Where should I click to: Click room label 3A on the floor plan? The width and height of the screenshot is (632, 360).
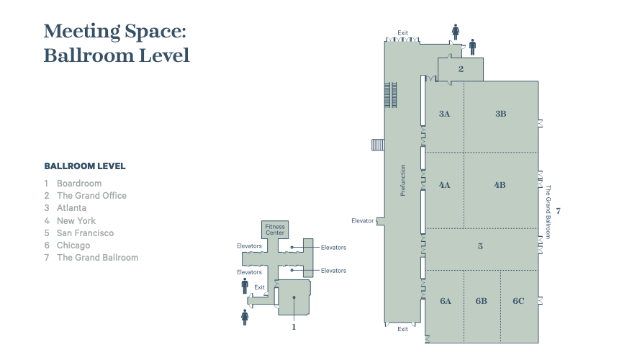click(444, 114)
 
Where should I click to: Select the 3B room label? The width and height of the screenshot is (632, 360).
click(500, 114)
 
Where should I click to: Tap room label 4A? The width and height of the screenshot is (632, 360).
click(444, 185)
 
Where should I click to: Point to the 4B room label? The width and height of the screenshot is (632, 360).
click(500, 185)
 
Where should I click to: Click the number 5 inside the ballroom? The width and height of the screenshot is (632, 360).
click(480, 246)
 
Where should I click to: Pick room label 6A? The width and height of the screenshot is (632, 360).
click(446, 301)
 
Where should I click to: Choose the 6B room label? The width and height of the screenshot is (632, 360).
click(482, 301)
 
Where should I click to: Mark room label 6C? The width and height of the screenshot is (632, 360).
click(518, 301)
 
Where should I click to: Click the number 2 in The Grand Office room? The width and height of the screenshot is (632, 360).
click(461, 69)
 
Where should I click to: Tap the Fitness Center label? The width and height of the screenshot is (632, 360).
click(275, 230)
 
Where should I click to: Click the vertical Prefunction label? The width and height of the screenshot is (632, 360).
click(402, 180)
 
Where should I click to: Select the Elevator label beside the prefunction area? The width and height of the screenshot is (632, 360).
click(362, 221)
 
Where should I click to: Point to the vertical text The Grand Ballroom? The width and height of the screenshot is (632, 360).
click(549, 212)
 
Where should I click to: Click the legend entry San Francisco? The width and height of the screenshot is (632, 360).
click(85, 233)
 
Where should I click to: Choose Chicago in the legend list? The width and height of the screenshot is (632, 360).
click(73, 246)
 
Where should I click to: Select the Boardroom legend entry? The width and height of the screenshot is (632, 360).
click(79, 184)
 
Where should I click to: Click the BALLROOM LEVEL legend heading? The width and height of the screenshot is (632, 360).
click(85, 166)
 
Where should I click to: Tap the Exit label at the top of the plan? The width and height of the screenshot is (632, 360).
click(402, 33)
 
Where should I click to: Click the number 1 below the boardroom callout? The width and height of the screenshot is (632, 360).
click(294, 327)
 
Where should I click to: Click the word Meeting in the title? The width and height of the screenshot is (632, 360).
click(82, 32)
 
